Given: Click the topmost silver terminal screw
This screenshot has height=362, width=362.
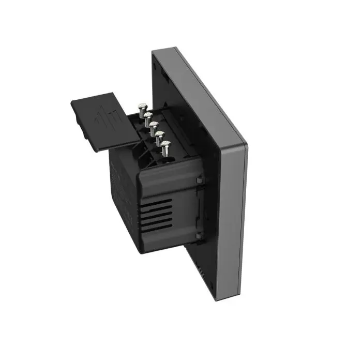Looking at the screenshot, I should [x=142, y=107].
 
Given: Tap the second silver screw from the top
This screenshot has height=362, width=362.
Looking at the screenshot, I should [x=148, y=115].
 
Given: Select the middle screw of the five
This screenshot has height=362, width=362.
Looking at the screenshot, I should [x=154, y=125].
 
